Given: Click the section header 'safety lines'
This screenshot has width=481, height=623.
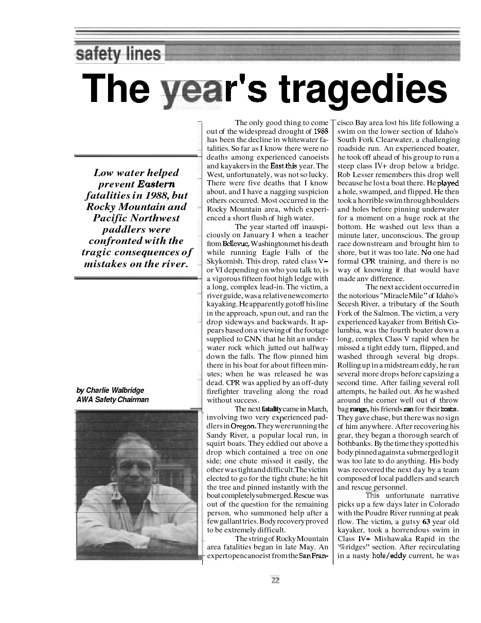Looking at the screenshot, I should [118, 54].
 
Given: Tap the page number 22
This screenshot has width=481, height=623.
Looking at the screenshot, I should [275, 580].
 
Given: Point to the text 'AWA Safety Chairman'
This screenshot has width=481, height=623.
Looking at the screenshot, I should [112, 400].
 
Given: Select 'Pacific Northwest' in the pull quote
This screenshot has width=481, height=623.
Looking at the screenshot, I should [136, 218].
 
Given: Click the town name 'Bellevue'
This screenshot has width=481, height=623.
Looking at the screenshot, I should [236, 244].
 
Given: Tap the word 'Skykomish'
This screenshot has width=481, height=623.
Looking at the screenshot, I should [225, 261].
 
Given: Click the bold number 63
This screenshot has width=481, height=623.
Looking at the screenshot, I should [425, 522].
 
